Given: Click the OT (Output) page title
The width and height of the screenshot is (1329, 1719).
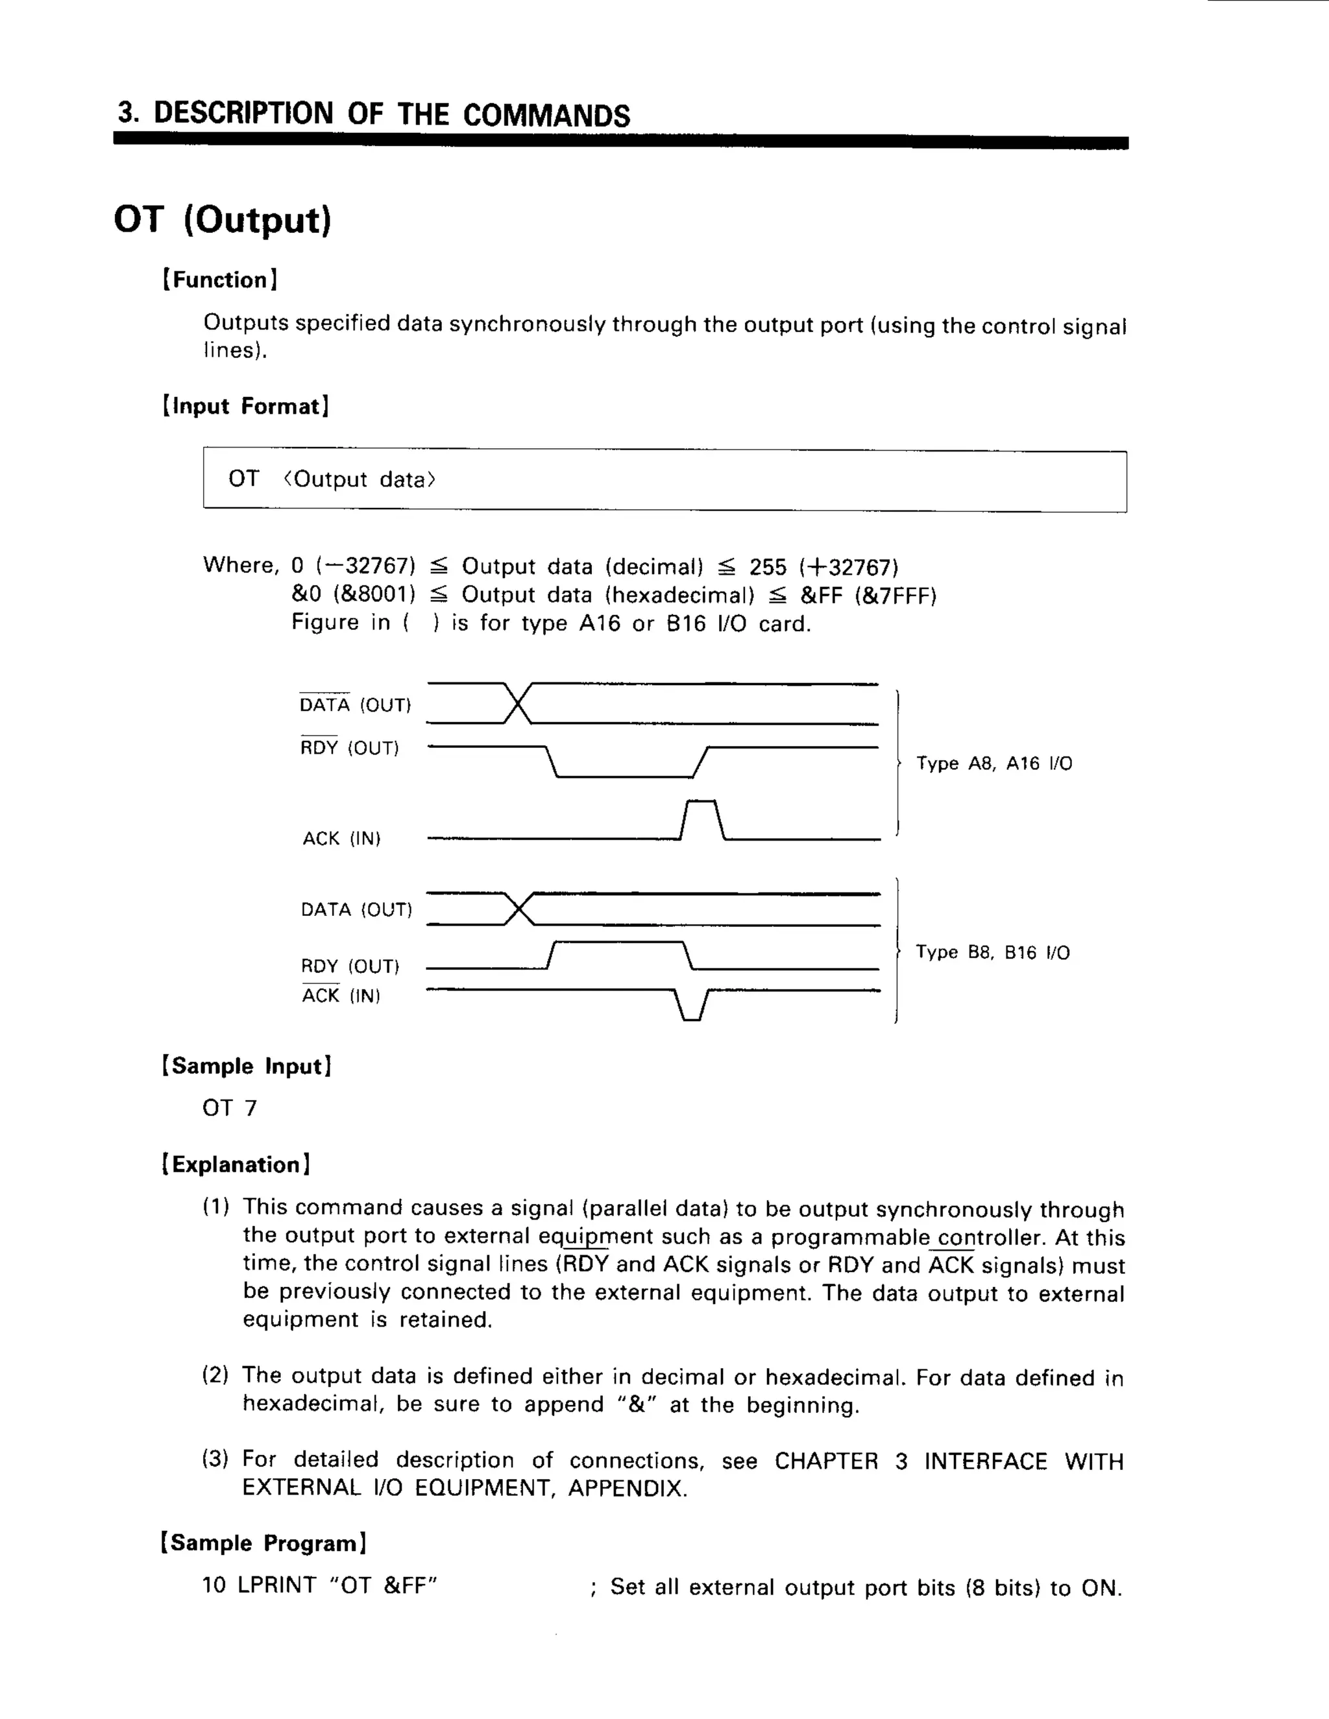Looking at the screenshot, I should click(223, 220).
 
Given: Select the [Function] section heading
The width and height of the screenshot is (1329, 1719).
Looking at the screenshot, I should click(220, 280).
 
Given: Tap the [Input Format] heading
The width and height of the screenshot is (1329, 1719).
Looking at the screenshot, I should click(246, 406).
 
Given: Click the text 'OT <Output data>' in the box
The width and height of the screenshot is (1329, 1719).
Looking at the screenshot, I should click(332, 479).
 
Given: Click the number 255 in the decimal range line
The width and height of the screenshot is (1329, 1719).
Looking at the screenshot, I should click(768, 568).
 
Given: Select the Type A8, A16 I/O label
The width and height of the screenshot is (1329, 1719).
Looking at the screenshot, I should click(994, 763).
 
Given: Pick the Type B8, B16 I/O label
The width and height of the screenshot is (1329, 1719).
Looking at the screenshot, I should click(992, 952).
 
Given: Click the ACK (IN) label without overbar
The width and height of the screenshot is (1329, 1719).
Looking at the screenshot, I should click(341, 838).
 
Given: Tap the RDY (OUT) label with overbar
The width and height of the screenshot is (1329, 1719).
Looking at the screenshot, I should click(348, 748).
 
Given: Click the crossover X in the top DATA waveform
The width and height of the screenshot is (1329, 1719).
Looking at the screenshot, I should click(517, 704).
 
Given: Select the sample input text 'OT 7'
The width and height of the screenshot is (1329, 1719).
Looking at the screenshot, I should click(229, 1108).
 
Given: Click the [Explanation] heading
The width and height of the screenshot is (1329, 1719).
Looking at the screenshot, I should click(236, 1165).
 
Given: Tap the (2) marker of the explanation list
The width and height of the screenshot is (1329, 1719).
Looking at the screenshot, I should click(215, 1376).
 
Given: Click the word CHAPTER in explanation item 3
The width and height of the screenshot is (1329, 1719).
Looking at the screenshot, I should click(826, 1461).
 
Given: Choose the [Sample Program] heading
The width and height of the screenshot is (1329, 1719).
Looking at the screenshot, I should click(263, 1543).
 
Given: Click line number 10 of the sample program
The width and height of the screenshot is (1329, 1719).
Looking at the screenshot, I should click(214, 1585).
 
